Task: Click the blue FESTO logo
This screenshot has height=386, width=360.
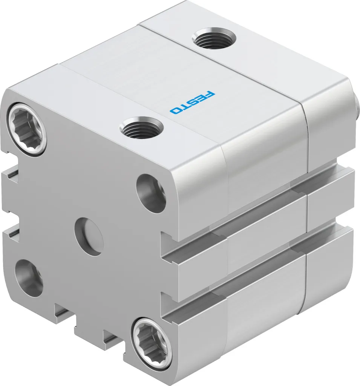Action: point(192,103)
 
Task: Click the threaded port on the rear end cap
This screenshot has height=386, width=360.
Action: point(214,38)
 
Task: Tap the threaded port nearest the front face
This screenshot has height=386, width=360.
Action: point(140,127)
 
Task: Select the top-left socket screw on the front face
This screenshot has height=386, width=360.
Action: point(28,129)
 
